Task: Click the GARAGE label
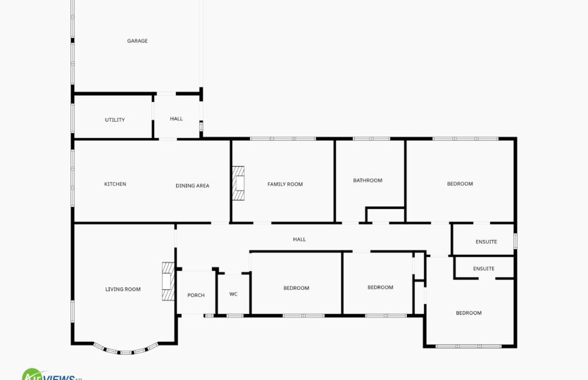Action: pos(137,41)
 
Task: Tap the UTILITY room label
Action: pos(115,120)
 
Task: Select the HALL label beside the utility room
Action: pos(176,119)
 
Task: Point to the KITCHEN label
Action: pos(115,184)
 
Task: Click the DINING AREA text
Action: pos(192,186)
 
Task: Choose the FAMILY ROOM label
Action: pos(285,184)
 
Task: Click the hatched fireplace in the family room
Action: pos(238,183)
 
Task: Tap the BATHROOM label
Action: pos(368,180)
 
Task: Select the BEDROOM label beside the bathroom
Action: pos(460,184)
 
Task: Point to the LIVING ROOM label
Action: pos(123,289)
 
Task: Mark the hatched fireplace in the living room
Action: pos(168,281)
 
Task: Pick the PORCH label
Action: pos(196,296)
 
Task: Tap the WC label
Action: pos(233,294)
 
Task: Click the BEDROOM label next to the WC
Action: pos(296,289)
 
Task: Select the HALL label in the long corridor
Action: pos(299,239)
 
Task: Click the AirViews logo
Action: pos(51,374)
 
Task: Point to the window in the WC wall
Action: pos(235,316)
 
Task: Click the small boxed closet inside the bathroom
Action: pos(385,215)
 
